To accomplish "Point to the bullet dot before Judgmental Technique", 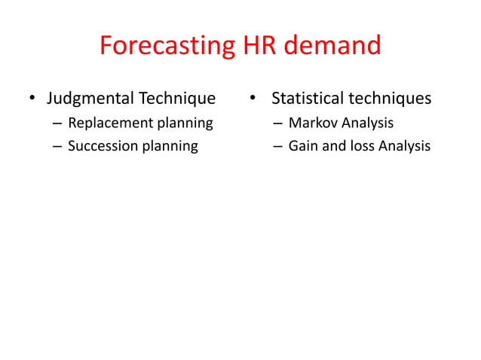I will coord(32,99).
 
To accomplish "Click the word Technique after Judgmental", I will coord(179,99).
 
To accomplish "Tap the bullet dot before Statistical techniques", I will coord(254,99).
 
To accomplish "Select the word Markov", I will coord(311,123).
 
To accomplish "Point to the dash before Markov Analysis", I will coord(278,124).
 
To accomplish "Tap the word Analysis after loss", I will coord(403,146).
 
